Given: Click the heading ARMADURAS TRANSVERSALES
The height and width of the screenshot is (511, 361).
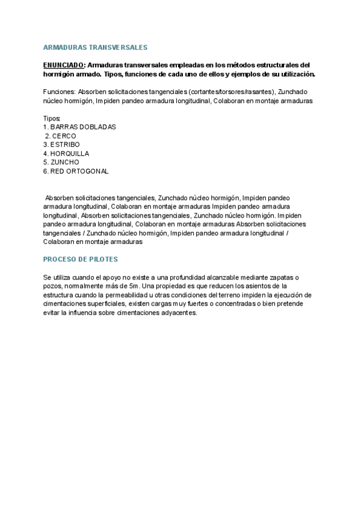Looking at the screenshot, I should click(95, 47).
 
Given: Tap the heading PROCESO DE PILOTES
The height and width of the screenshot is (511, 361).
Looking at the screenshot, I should click(81, 259).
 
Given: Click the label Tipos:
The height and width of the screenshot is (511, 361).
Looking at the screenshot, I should click(52, 118).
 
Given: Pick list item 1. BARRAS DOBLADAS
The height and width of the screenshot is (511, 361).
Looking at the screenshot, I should click(79, 127).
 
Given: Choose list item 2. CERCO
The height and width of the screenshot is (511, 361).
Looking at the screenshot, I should click(61, 136).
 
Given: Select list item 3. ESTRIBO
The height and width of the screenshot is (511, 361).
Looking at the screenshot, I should click(61, 145).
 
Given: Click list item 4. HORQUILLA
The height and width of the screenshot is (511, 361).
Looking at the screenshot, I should click(66, 154).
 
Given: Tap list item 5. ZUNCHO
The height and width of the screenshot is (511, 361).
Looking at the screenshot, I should click(61, 162).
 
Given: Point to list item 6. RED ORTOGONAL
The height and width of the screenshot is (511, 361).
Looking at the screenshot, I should click(76, 171).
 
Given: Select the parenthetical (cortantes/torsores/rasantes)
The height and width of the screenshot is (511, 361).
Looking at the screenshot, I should click(231, 92).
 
